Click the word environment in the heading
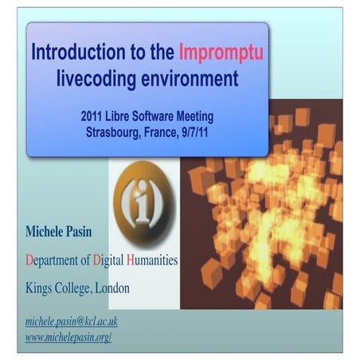[192, 79]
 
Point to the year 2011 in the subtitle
[94, 116]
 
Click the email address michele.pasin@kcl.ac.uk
[72, 320]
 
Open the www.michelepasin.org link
[68, 337]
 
